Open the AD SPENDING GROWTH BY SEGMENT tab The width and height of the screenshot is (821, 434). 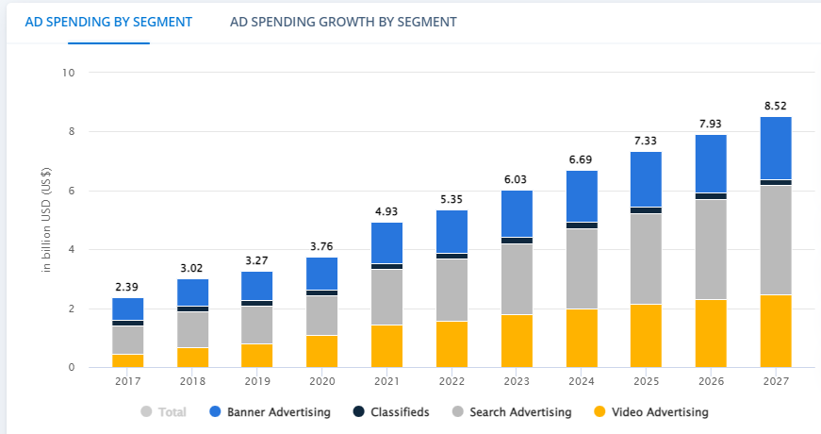pyautogui.click(x=343, y=22)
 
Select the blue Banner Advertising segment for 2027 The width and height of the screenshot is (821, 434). pyautogui.click(x=775, y=148)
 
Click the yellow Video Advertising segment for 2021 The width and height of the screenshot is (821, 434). pyautogui.click(x=386, y=346)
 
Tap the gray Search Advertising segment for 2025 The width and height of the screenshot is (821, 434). pyautogui.click(x=646, y=259)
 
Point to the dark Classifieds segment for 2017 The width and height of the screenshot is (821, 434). pyautogui.click(x=127, y=323)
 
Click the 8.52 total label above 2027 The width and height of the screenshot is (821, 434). pyautogui.click(x=775, y=106)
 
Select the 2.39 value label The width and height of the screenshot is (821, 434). pyautogui.click(x=127, y=287)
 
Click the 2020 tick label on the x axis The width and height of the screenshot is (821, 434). pyautogui.click(x=321, y=381)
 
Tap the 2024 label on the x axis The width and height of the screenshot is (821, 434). pyautogui.click(x=581, y=381)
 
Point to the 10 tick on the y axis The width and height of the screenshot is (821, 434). pyautogui.click(x=69, y=73)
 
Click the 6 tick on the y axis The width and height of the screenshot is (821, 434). pyautogui.click(x=72, y=191)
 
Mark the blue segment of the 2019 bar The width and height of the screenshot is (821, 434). pyautogui.click(x=256, y=286)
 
